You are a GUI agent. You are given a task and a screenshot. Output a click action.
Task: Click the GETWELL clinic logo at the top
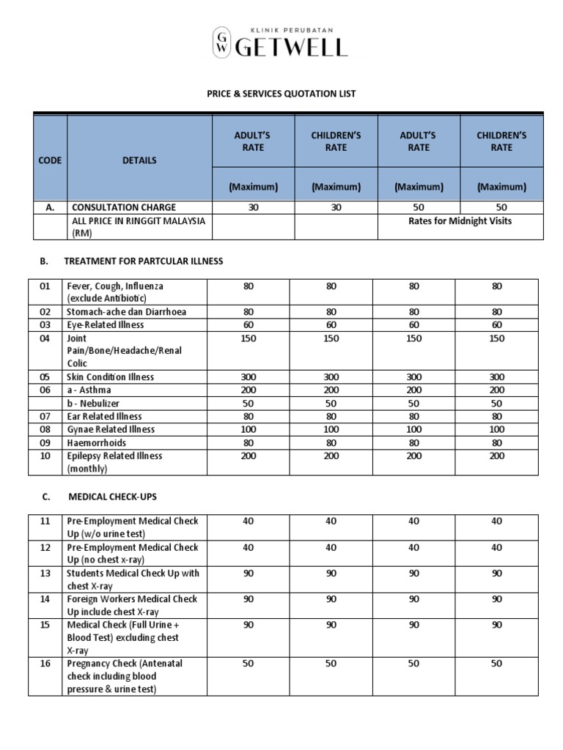(x=281, y=42)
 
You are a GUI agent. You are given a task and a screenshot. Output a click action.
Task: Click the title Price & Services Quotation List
(x=281, y=94)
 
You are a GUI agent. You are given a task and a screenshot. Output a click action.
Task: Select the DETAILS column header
(x=139, y=160)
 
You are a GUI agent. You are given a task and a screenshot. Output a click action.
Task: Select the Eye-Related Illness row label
(x=106, y=324)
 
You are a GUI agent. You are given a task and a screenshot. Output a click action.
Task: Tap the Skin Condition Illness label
(x=111, y=377)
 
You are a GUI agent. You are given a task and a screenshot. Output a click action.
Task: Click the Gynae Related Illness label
(x=111, y=429)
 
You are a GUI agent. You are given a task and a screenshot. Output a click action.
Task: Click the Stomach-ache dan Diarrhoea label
(x=126, y=312)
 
